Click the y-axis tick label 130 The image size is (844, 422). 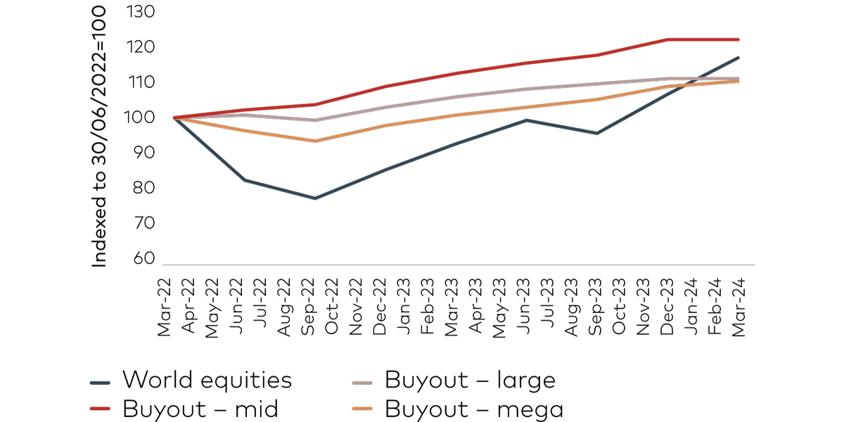pyautogui.click(x=141, y=13)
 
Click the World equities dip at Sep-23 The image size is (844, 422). pyautogui.click(x=596, y=133)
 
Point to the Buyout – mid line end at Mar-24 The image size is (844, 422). pyautogui.click(x=738, y=39)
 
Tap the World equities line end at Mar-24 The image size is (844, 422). pyautogui.click(x=738, y=58)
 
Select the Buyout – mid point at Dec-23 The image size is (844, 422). pyautogui.click(x=667, y=39)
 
